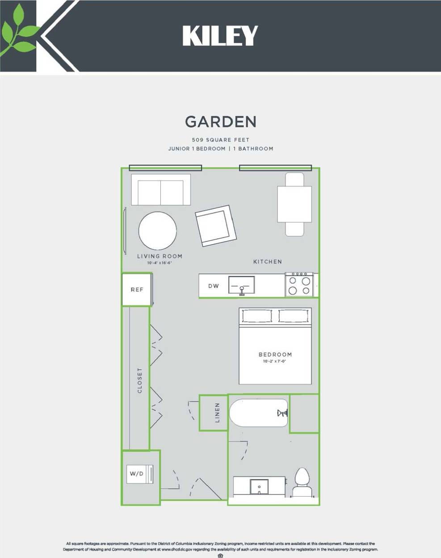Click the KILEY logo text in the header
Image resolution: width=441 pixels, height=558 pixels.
tap(220, 36)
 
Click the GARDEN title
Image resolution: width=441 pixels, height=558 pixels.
tap(221, 122)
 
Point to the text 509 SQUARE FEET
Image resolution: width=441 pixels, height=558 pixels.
tap(221, 139)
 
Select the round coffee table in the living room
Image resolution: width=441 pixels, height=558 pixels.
tap(157, 231)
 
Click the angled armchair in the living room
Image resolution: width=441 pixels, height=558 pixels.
tap(215, 226)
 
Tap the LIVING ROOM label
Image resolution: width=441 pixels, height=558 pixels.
tap(160, 256)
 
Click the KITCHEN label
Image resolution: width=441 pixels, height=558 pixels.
tap(268, 262)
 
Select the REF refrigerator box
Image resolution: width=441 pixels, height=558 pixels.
tap(137, 290)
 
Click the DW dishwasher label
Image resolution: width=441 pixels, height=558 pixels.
tap(214, 286)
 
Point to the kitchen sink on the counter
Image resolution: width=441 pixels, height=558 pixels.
tap(242, 285)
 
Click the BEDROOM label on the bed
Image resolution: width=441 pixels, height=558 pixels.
tap(275, 355)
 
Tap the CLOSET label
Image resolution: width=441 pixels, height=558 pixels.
tap(140, 380)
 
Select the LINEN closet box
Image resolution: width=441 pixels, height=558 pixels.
tap(214, 413)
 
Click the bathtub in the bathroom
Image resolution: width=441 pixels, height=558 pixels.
tap(259, 413)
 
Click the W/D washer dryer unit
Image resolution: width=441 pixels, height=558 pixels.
tap(140, 474)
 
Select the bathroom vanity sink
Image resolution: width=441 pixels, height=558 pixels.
tap(259, 486)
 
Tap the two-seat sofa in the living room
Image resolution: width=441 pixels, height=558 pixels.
tap(161, 190)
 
